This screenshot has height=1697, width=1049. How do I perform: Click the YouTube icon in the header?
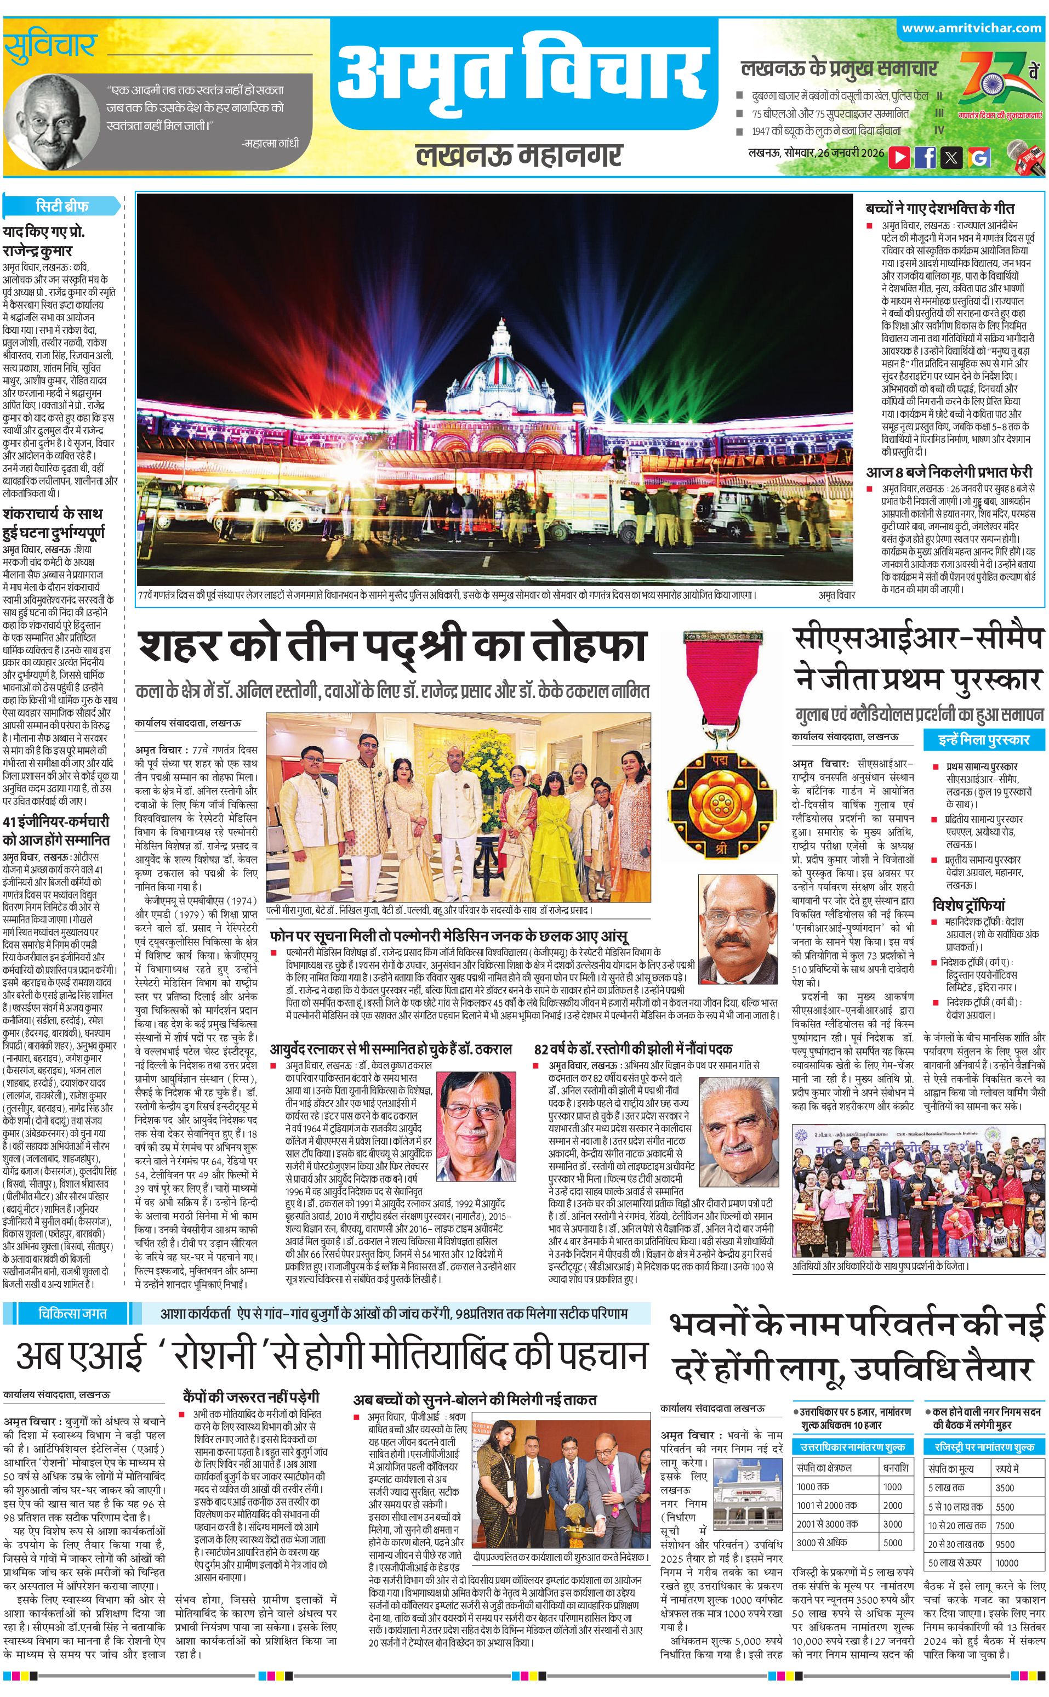coord(899,157)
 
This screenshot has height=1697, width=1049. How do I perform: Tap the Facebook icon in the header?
coord(926,157)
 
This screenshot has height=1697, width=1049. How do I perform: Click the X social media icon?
coord(952,157)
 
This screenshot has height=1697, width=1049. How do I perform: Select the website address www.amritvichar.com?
coord(971,29)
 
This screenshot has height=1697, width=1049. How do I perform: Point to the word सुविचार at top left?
coord(49,47)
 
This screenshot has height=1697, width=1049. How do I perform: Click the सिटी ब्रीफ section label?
coord(62,206)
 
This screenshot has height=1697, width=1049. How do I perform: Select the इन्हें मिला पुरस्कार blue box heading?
coord(984,739)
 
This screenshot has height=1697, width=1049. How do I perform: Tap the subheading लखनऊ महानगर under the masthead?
coord(520,155)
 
